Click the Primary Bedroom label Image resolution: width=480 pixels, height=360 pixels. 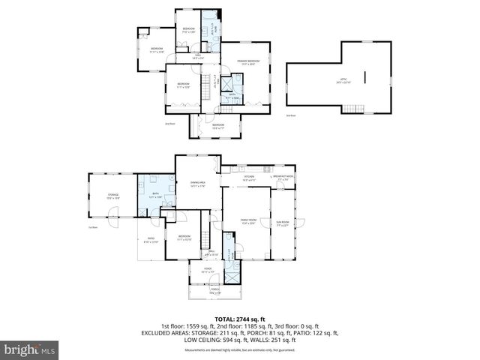pyautogui.click(x=249, y=62)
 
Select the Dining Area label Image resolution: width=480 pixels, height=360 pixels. pyautogui.click(x=199, y=184)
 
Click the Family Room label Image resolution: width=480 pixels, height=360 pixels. pyautogui.click(x=247, y=220)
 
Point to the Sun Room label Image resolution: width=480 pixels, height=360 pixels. pyautogui.click(x=283, y=223)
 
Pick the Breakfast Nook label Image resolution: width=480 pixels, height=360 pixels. pyautogui.click(x=284, y=178)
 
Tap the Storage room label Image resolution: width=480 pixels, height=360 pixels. pyautogui.click(x=113, y=196)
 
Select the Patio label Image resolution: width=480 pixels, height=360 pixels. pyautogui.click(x=150, y=240)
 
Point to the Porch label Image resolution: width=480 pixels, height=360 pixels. pyautogui.click(x=214, y=290)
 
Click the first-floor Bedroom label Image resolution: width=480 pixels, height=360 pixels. pyautogui.click(x=184, y=238)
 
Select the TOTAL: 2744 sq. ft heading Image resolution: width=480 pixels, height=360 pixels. pyautogui.click(x=239, y=319)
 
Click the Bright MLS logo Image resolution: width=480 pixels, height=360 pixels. pyautogui.click(x=31, y=349)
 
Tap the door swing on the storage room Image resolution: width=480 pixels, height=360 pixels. pyautogui.click(x=112, y=221)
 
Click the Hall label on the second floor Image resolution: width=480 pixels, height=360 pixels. pyautogui.click(x=198, y=56)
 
